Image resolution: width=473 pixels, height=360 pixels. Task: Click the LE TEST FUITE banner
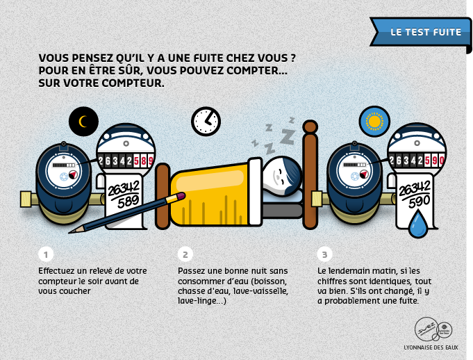pyautogui.click(x=420, y=32)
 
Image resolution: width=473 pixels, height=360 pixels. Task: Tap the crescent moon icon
pyautogui.click(x=83, y=122)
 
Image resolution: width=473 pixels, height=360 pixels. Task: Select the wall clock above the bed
pyautogui.click(x=206, y=122)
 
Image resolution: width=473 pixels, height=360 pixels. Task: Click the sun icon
pyautogui.click(x=374, y=122)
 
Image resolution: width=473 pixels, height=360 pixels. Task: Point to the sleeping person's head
pyautogui.click(x=282, y=177)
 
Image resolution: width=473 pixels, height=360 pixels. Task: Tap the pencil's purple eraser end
pyautogui.click(x=181, y=196)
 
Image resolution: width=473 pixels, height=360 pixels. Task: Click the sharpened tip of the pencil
pyautogui.click(x=70, y=233)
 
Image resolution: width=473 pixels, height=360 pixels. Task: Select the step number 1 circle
pyautogui.click(x=46, y=254)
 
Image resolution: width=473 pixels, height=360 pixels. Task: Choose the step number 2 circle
pyautogui.click(x=185, y=254)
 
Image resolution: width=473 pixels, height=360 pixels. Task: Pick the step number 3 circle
pyautogui.click(x=324, y=254)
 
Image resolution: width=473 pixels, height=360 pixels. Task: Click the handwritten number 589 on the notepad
pyautogui.click(x=128, y=202)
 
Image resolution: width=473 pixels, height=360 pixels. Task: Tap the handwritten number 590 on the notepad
pyautogui.click(x=420, y=202)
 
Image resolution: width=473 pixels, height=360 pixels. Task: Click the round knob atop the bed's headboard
pyautogui.click(x=310, y=126)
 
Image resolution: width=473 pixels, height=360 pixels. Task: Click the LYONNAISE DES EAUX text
pyautogui.click(x=431, y=347)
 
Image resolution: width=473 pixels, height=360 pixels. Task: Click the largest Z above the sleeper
pyautogui.click(x=287, y=136)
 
